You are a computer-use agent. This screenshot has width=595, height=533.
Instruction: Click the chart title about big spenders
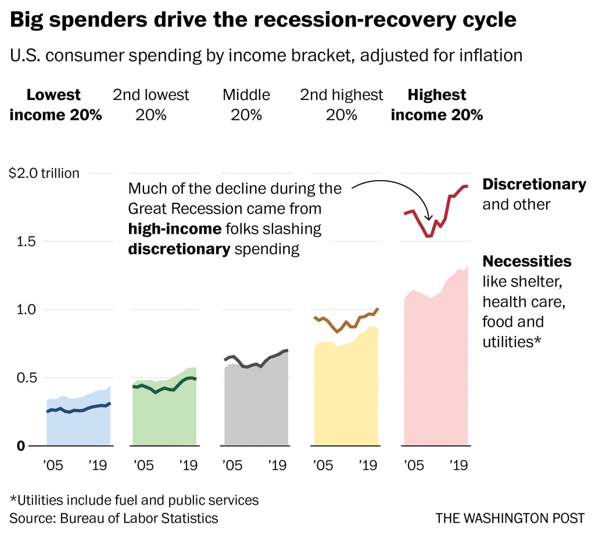point(263,20)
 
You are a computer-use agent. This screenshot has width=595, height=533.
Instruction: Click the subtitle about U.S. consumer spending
point(266,55)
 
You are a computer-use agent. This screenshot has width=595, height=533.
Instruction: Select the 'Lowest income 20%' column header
point(55,105)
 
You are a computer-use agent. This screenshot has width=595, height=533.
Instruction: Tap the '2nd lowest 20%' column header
point(150,105)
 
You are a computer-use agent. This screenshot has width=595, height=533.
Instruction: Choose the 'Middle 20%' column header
point(246,105)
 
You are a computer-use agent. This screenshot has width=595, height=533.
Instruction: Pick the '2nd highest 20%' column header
point(342,105)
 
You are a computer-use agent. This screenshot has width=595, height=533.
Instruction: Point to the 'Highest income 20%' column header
point(437,105)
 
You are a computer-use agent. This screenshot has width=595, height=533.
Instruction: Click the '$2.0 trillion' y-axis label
point(44,173)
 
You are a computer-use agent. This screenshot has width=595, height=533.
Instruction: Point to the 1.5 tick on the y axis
point(26,241)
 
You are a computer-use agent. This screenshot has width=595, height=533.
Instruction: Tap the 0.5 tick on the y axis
point(27,378)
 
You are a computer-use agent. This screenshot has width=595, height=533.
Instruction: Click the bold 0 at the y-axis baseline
point(21,446)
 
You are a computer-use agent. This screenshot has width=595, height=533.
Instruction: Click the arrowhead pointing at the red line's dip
point(428,218)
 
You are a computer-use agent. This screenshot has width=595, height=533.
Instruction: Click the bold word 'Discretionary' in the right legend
point(535,184)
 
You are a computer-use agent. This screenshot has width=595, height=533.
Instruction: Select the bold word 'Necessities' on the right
point(527,262)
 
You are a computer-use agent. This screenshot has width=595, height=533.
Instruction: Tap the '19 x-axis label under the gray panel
point(277,466)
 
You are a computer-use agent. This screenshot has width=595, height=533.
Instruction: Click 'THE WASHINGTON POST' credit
point(510,518)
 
